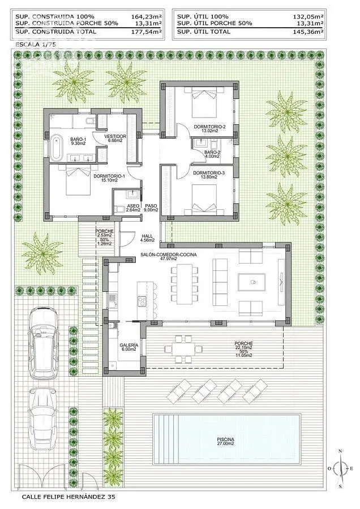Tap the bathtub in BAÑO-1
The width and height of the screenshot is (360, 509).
[x=57, y=148]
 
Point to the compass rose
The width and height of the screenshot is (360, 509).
[x=340, y=468]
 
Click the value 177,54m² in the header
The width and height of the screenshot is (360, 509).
[x=147, y=32]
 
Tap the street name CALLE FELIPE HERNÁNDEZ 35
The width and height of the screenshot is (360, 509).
[x=68, y=497]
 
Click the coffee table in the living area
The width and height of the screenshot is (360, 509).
[x=252, y=282]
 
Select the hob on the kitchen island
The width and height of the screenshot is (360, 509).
[x=142, y=301]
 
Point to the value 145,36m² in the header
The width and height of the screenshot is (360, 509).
[x=308, y=32]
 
